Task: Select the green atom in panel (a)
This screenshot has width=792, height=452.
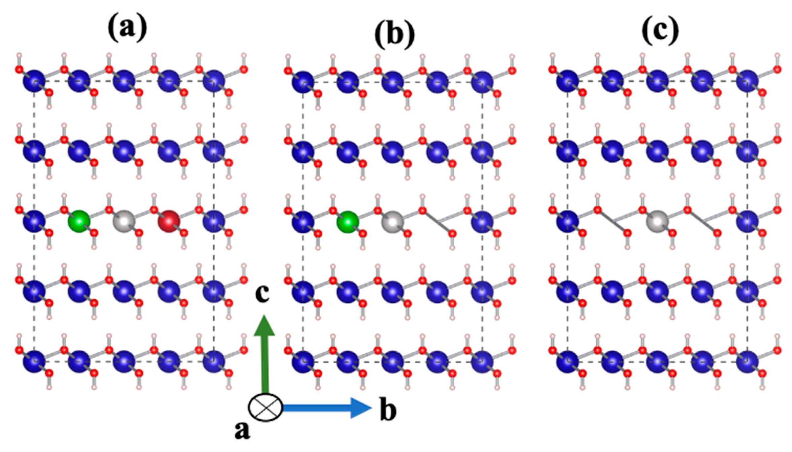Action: pyautogui.click(x=79, y=221)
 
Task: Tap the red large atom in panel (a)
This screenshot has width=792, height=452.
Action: pyautogui.click(x=169, y=221)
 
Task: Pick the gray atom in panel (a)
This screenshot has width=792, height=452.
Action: pyautogui.click(x=124, y=221)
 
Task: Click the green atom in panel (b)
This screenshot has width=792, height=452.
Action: pyautogui.click(x=348, y=222)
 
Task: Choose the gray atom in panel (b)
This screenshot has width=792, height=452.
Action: pyautogui.click(x=393, y=222)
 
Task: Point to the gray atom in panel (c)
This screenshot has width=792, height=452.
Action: pyautogui.click(x=658, y=221)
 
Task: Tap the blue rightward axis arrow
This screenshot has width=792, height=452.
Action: pyautogui.click(x=327, y=408)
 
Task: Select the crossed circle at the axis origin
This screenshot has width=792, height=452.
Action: pyautogui.click(x=265, y=407)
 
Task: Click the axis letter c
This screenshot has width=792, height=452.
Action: pyautogui.click(x=262, y=294)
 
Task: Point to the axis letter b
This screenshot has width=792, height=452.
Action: pyautogui.click(x=388, y=410)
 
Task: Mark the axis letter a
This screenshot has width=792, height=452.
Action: pyautogui.click(x=242, y=430)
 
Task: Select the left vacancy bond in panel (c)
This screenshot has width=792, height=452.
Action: pyautogui.click(x=612, y=221)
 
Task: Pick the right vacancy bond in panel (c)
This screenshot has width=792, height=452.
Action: pyautogui.click(x=702, y=221)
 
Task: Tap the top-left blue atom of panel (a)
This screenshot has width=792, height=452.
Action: pyautogui.click(x=34, y=81)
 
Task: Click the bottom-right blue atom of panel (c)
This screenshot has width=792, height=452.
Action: pyautogui.click(x=747, y=361)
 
